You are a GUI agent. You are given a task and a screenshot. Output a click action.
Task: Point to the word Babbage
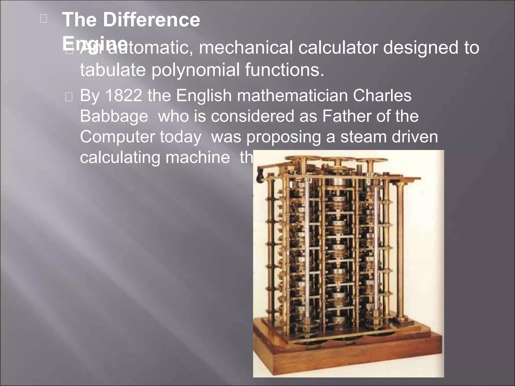(x=114, y=116)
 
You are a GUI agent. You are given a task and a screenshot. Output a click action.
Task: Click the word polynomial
(x=195, y=70)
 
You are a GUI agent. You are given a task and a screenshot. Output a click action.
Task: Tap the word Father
(x=347, y=116)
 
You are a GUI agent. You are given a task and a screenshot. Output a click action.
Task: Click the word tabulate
(x=113, y=70)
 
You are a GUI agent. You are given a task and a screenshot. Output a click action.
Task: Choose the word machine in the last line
(x=197, y=158)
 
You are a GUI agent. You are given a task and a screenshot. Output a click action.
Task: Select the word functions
(x=284, y=70)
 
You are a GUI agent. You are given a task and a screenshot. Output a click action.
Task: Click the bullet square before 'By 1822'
(x=69, y=97)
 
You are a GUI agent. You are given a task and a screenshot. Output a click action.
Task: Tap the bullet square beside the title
(x=43, y=19)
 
